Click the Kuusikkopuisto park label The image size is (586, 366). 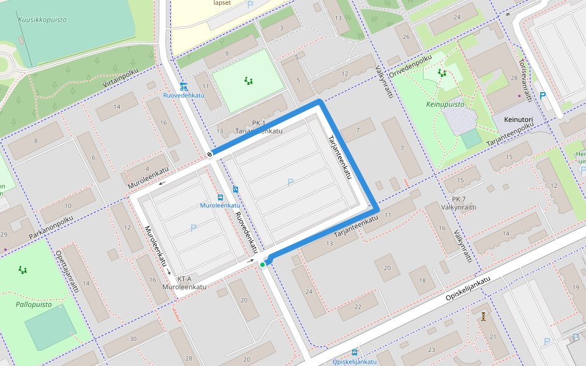[x=42, y=20]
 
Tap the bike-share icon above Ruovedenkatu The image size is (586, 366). [x=184, y=86]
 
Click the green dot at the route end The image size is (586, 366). [x=262, y=264]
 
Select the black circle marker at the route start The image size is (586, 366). [x=209, y=154]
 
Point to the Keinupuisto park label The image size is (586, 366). [x=444, y=104]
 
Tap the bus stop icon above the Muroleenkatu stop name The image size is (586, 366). [x=220, y=197]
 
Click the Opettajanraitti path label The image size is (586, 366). [x=68, y=271]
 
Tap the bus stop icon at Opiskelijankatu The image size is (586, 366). [x=355, y=353]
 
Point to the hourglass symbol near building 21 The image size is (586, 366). [x=483, y=316]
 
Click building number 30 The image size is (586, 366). [x=132, y=339]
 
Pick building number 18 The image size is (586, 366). [x=422, y=280]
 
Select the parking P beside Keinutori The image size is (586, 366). [x=543, y=96]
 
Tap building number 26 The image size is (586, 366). [x=407, y=36]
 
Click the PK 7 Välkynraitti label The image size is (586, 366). [x=463, y=203]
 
